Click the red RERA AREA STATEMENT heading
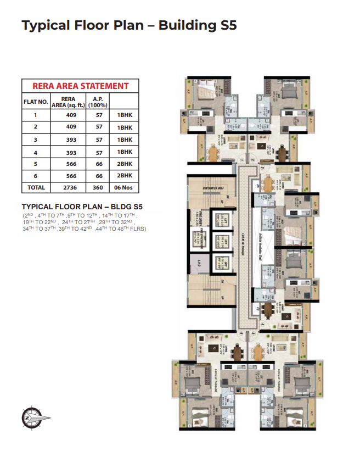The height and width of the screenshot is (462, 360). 80,86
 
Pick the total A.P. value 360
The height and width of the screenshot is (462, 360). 99,187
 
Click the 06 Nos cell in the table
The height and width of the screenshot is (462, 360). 125,187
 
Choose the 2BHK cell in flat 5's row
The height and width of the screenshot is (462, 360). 125,164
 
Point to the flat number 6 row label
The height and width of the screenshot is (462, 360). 35,176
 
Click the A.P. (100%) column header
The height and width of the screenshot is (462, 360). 99,102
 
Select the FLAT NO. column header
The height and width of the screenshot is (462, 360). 35,102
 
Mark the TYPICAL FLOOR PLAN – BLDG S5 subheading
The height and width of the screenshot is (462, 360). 82,207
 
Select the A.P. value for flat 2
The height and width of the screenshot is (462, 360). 99,127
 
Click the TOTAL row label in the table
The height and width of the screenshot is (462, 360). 35,187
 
